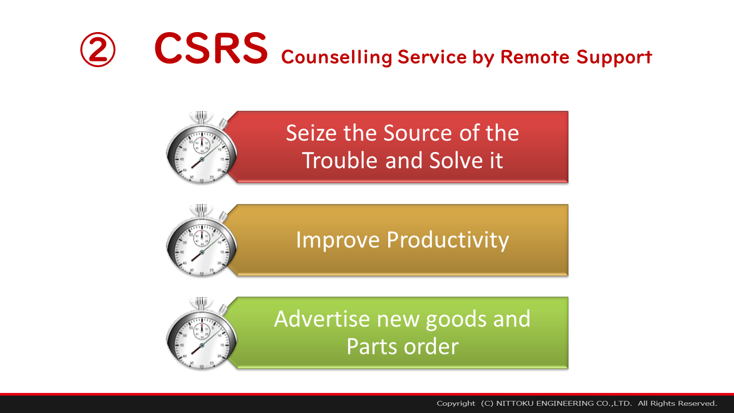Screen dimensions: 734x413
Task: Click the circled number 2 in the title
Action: (x=97, y=49)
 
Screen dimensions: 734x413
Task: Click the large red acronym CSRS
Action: (x=212, y=48)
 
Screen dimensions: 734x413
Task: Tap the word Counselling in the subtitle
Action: (x=337, y=57)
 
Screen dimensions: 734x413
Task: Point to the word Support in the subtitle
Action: (x=614, y=58)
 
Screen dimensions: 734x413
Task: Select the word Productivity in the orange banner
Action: (x=448, y=241)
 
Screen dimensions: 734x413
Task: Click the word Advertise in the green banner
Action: (x=322, y=319)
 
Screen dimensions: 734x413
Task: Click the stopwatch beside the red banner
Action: (x=201, y=147)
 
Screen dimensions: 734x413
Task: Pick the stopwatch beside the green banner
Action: (x=201, y=334)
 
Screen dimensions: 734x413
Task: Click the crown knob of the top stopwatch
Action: (x=201, y=117)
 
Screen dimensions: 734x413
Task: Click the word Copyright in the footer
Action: (x=456, y=403)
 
